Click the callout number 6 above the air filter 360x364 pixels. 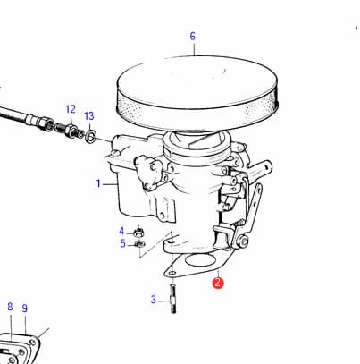tap(193, 37)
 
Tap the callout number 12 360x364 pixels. tap(71, 109)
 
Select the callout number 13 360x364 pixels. tap(89, 116)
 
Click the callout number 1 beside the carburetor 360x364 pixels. tap(98, 183)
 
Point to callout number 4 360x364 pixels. tap(121, 231)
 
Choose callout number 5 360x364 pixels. tap(122, 243)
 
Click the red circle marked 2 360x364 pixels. tap(218, 283)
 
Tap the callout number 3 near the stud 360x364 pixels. tap(154, 300)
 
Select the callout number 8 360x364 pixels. tap(10, 307)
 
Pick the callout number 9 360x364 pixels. tap(25, 309)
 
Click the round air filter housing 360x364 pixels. tap(198, 94)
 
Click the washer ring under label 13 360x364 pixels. tap(91, 136)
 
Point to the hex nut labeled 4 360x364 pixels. tap(138, 232)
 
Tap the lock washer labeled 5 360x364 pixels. tap(139, 244)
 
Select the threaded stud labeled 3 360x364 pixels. tap(173, 299)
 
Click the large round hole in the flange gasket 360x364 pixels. tap(200, 260)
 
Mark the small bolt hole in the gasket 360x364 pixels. tap(172, 273)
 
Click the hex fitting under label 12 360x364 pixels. tap(71, 131)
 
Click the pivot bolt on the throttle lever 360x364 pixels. tap(243, 241)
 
